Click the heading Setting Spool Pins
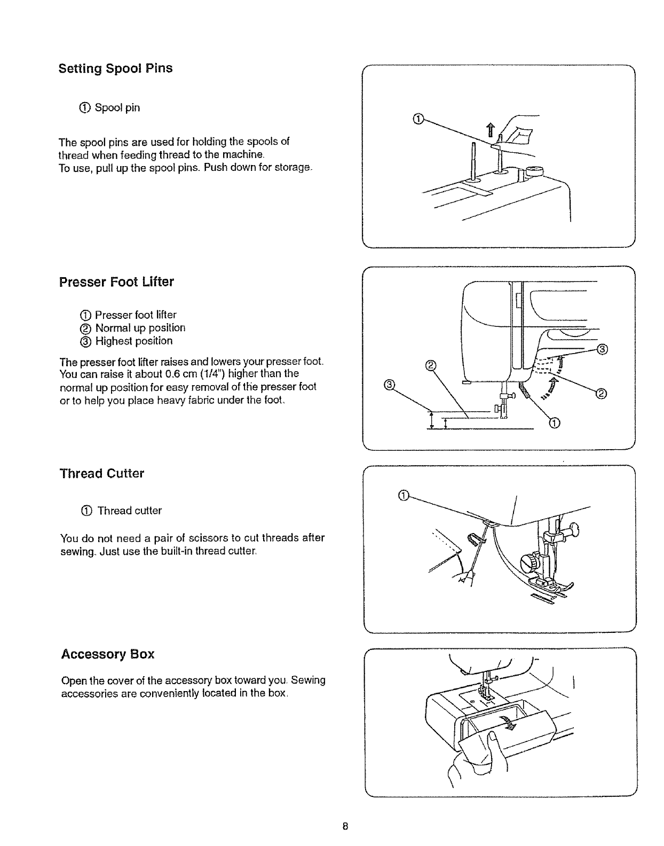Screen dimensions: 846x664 coord(115,69)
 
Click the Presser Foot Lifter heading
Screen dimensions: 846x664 coord(116,282)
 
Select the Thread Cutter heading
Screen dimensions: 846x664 coord(102,474)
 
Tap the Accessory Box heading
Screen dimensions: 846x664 coord(108,654)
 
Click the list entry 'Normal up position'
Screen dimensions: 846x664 coord(140,328)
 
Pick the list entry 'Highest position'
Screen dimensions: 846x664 coord(133,341)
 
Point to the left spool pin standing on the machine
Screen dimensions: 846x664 coord(473,163)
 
